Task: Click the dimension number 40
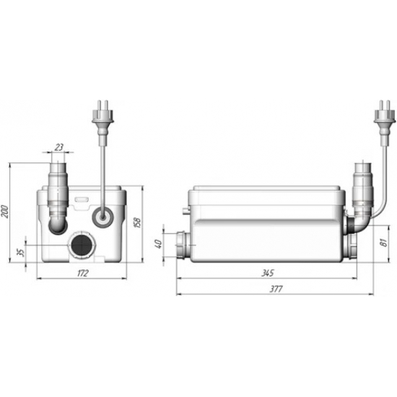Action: pyautogui.click(x=161, y=244)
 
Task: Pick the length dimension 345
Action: pyautogui.click(x=269, y=274)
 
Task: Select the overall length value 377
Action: pyautogui.click(x=276, y=289)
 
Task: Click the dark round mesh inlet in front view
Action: pyautogui.click(x=81, y=245)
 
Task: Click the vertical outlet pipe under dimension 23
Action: pyautogui.click(x=57, y=188)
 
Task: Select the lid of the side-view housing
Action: pyautogui.click(x=267, y=193)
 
